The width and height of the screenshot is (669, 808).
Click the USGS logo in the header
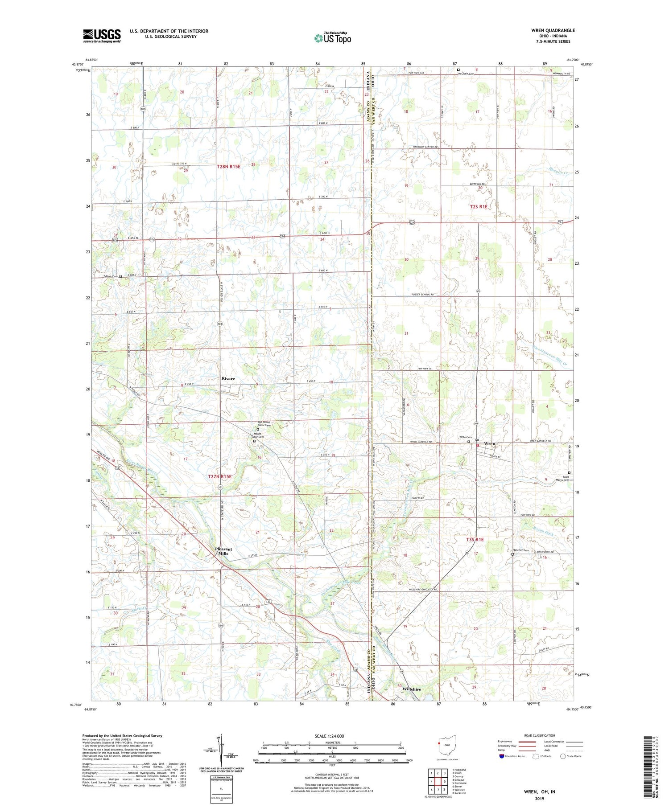(102, 36)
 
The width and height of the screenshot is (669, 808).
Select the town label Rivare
(228, 378)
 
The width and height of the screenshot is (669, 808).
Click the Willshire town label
(411, 689)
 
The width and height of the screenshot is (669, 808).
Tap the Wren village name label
(489, 444)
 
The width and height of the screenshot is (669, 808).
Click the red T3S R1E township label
(475, 540)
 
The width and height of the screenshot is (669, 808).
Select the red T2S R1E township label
(479, 207)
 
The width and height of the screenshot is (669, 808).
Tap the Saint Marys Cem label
(563, 478)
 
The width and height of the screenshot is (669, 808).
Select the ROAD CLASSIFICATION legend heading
(540, 735)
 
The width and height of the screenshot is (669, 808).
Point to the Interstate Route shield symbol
(502, 756)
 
